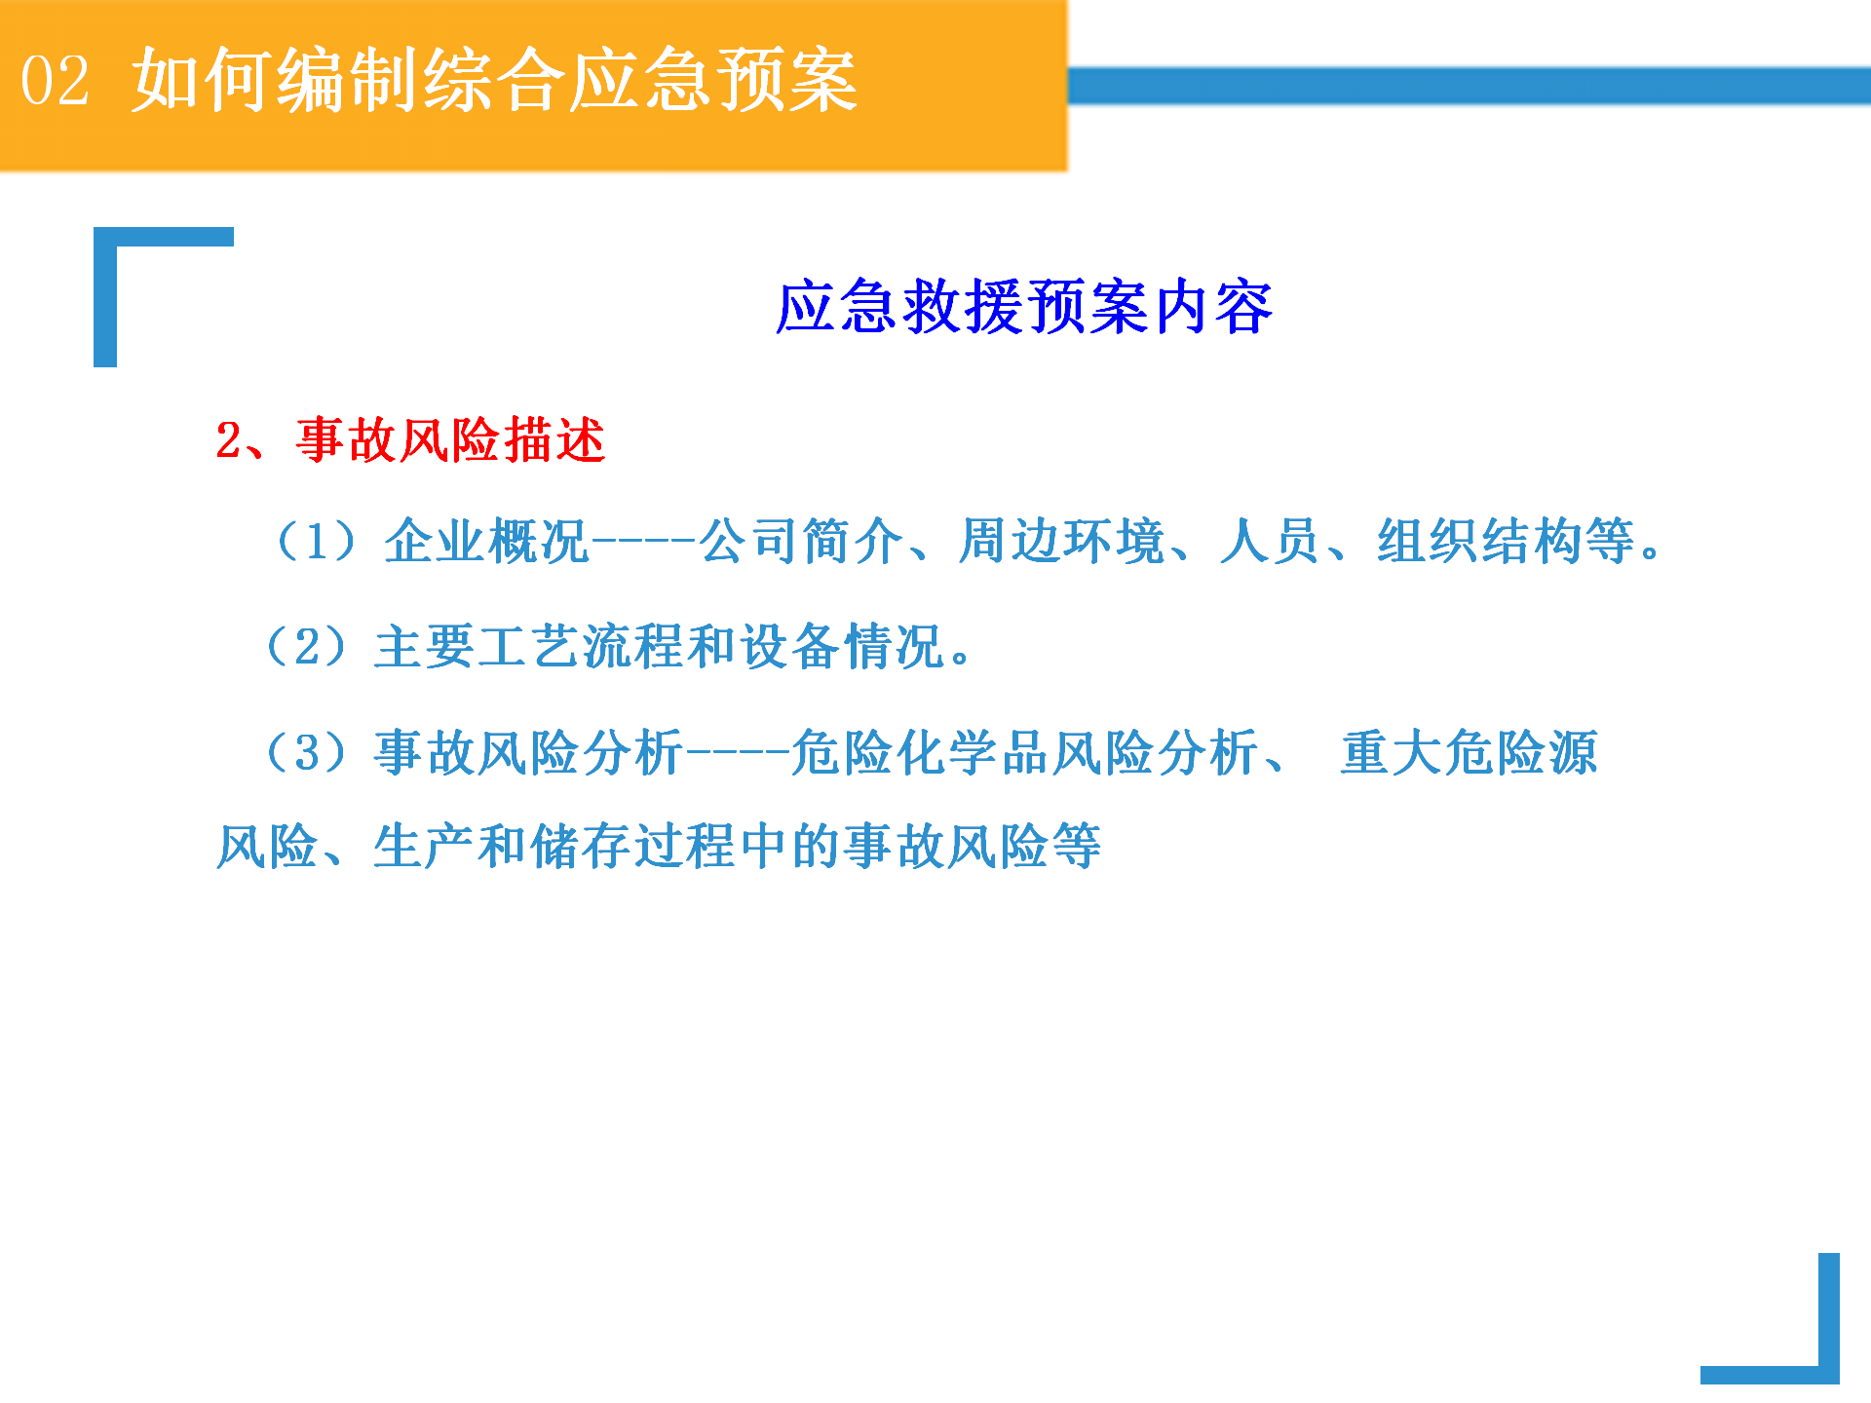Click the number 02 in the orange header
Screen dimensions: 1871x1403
pos(56,80)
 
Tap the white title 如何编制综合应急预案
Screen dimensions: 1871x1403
pos(495,80)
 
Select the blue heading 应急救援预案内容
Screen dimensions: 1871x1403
pos(1024,307)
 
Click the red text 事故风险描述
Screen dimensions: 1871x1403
pos(451,439)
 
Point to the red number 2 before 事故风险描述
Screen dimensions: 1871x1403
pos(229,440)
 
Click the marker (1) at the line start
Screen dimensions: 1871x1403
pos(316,541)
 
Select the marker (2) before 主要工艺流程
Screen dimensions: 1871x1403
pos(306,646)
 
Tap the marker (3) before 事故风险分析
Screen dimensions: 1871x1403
pos(306,752)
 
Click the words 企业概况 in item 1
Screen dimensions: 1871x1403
pos(486,541)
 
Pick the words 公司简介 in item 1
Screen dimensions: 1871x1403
pos(802,541)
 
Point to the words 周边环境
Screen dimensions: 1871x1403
pos(1062,541)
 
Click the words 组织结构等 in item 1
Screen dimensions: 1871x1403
pos(1506,541)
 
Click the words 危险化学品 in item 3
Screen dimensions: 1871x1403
pos(920,752)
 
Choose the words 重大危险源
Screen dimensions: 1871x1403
pos(1470,752)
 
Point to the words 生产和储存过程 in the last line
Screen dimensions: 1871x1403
pos(555,846)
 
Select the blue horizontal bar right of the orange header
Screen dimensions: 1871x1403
pos(1470,86)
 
